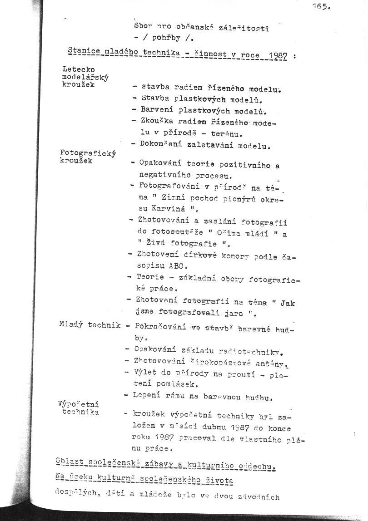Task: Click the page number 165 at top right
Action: [321, 6]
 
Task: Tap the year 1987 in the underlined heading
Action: [278, 56]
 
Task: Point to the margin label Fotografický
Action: [88, 153]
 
